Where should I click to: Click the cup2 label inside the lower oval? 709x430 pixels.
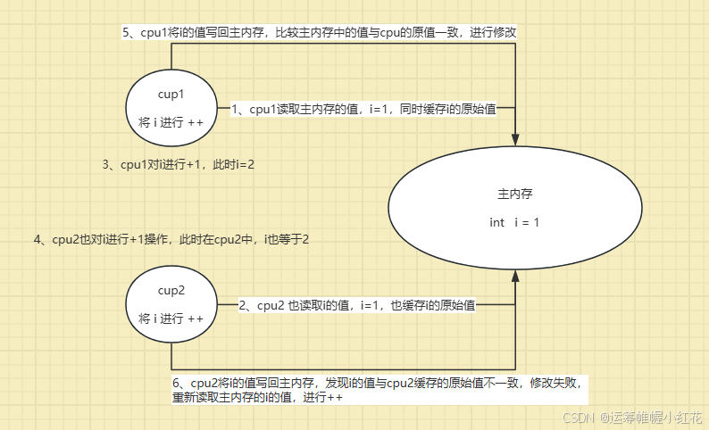pyautogui.click(x=171, y=291)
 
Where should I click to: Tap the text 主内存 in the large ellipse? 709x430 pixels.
pyautogui.click(x=514, y=194)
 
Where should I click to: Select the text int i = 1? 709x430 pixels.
pyautogui.click(x=514, y=222)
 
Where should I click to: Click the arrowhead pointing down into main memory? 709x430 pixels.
pyautogui.click(x=515, y=139)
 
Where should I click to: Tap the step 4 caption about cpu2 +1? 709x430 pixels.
pyautogui.click(x=171, y=240)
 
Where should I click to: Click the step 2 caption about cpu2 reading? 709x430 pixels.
pyautogui.click(x=357, y=305)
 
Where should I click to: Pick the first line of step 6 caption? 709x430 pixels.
pyautogui.click(x=378, y=383)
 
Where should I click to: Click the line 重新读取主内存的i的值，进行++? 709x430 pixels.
pyautogui.click(x=258, y=398)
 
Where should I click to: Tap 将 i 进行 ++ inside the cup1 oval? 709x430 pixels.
pyautogui.click(x=171, y=121)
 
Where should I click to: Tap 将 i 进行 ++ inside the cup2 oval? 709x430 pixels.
pyautogui.click(x=171, y=318)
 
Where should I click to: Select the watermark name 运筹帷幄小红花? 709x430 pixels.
pyautogui.click(x=652, y=417)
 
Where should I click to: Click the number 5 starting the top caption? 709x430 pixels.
pyautogui.click(x=126, y=32)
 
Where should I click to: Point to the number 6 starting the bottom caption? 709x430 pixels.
pyautogui.click(x=177, y=383)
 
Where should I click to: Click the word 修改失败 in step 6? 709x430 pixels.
pyautogui.click(x=555, y=383)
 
